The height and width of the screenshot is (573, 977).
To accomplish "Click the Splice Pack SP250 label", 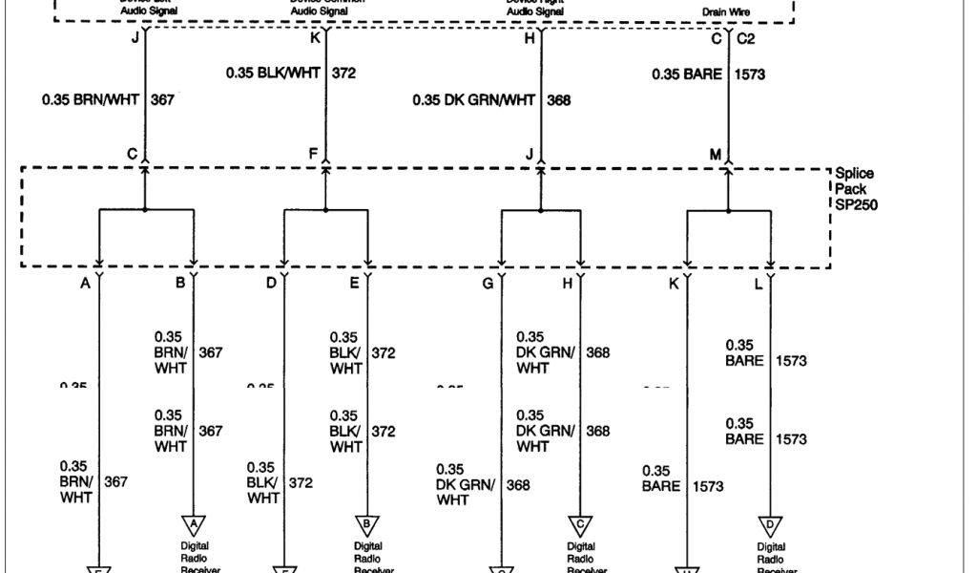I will [854, 189].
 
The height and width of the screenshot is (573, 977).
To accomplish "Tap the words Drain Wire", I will [722, 12].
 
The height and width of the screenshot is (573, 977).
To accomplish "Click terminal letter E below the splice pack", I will [355, 283].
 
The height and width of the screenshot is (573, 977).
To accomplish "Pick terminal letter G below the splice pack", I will [488, 283].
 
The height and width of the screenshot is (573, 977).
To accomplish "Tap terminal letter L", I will [759, 283].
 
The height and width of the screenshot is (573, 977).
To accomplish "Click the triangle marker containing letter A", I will [195, 524].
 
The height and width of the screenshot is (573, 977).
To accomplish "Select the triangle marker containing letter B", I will [368, 524].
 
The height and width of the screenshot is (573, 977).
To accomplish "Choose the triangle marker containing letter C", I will [580, 524].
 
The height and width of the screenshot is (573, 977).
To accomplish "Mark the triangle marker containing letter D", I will [770, 524].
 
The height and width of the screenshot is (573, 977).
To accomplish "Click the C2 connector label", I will [745, 39].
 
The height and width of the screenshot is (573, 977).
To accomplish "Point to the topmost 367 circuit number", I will [162, 98].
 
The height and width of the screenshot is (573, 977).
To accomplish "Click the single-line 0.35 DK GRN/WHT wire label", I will [474, 99].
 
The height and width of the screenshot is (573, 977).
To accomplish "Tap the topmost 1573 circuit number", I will [751, 74].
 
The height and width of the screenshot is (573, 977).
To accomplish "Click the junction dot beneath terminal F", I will [325, 209].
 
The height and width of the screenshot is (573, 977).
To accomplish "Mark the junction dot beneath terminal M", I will [729, 209].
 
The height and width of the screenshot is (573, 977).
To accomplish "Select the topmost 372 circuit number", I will [343, 73].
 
